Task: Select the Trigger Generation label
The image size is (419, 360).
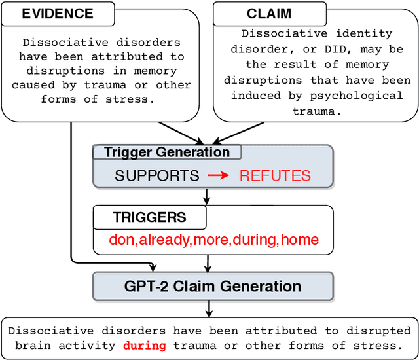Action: (x=167, y=153)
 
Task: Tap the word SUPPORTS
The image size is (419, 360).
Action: (x=157, y=175)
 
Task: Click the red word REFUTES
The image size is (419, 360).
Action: (x=275, y=175)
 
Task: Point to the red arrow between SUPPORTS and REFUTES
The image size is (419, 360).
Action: (x=219, y=175)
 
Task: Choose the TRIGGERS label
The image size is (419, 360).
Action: (x=149, y=218)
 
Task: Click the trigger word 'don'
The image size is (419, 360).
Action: (x=121, y=240)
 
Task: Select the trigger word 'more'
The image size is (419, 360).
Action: (x=211, y=240)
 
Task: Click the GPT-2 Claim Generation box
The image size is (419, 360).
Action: (x=213, y=286)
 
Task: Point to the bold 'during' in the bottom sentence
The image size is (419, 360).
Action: (x=145, y=345)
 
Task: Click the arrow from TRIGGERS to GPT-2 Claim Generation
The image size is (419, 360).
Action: (x=208, y=264)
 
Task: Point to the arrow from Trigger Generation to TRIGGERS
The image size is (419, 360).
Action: (x=207, y=196)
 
